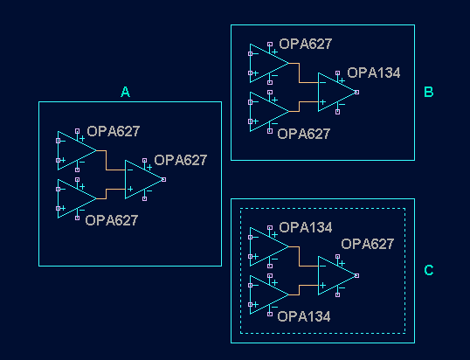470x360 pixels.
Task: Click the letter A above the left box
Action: [x=125, y=92]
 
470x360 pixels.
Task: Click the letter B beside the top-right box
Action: [x=428, y=92]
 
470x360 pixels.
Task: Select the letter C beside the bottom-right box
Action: [x=428, y=270]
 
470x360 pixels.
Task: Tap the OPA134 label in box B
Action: [x=374, y=73]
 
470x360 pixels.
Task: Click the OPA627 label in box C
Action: [x=367, y=244]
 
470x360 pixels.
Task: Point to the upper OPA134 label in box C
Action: [x=305, y=228]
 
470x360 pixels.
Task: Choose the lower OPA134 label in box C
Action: [x=303, y=317]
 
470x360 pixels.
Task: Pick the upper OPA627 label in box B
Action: [x=305, y=44]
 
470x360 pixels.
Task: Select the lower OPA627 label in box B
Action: [x=303, y=134]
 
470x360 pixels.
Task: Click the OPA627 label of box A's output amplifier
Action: [x=181, y=160]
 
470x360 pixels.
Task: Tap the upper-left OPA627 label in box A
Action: [x=113, y=132]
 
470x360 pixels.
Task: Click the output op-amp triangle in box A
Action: [x=142, y=179]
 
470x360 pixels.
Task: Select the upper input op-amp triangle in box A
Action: [x=75, y=149]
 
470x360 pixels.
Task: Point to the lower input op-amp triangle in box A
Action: [x=75, y=197]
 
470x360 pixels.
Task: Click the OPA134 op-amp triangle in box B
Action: [x=335, y=92]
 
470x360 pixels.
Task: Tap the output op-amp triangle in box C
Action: [x=335, y=275]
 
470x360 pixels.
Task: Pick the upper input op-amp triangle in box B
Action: [x=266, y=62]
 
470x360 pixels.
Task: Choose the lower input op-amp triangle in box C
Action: [x=266, y=294]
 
